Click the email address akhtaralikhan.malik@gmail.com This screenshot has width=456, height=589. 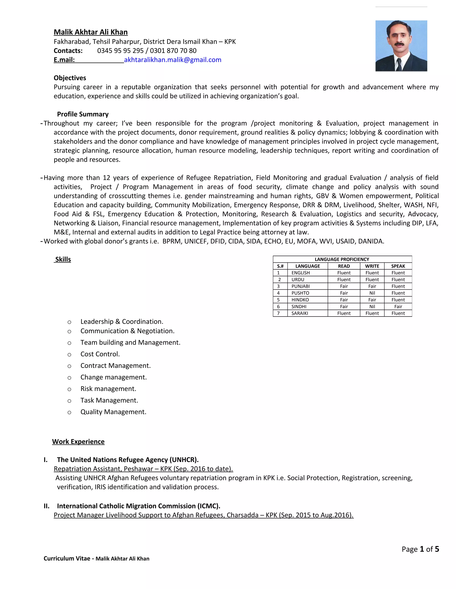click(172, 60)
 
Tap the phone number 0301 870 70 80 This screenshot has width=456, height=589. click(173, 51)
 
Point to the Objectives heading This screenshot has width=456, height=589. click(70, 78)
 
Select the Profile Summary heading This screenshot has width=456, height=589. click(83, 114)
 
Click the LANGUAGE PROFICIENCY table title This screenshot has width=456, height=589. click(342, 259)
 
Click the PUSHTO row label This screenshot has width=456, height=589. click(300, 293)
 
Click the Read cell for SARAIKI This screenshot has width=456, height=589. click(344, 313)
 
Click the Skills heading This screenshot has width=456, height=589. click(63, 259)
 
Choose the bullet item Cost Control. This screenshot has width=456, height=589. click(100, 354)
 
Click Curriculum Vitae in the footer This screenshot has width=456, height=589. click(67, 559)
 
